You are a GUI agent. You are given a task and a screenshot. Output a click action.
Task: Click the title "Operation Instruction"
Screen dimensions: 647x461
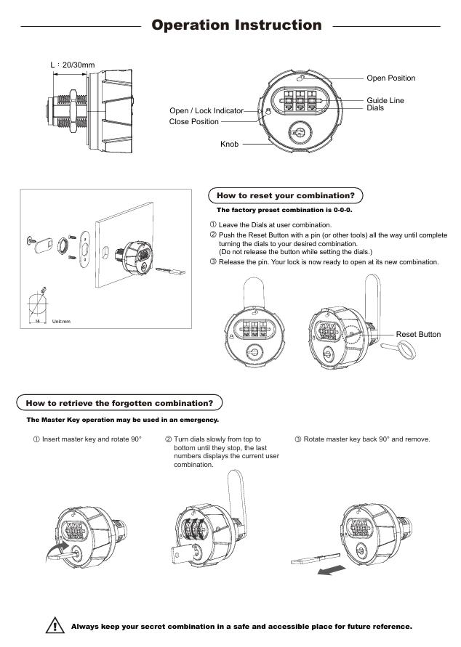236,25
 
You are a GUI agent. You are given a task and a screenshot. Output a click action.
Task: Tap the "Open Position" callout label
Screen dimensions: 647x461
391,78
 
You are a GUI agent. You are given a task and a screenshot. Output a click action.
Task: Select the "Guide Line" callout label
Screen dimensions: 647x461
385,100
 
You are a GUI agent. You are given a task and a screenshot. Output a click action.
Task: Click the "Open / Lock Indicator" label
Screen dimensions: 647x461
211,110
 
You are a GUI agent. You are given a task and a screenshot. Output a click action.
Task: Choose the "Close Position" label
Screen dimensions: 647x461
193,121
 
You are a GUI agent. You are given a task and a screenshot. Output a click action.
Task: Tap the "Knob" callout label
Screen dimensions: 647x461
230,145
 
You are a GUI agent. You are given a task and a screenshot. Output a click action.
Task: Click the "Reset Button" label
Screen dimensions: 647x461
418,335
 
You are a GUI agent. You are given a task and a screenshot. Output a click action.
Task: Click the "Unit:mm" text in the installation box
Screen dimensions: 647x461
60,320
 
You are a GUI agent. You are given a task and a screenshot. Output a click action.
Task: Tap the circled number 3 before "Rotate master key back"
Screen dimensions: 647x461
298,439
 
